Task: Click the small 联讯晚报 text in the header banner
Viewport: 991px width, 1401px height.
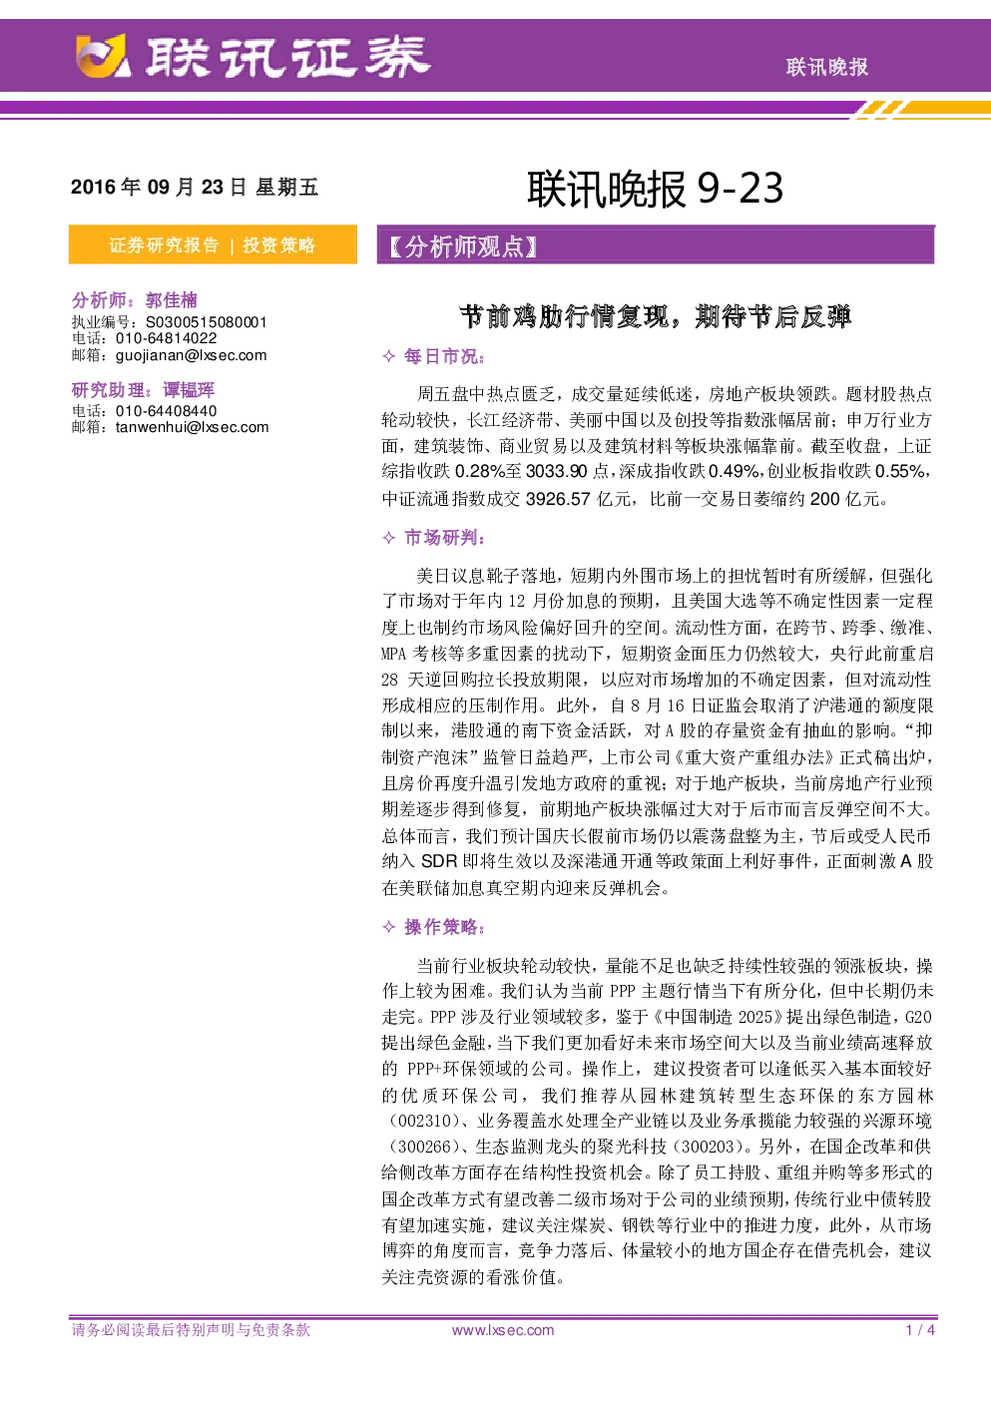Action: (x=826, y=68)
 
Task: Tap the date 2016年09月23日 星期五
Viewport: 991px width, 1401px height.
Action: (x=195, y=187)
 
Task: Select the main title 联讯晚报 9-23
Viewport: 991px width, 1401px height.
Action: (x=655, y=189)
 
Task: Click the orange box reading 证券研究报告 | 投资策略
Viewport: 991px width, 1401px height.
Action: (x=213, y=244)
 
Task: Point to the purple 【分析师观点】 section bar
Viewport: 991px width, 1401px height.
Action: (x=656, y=245)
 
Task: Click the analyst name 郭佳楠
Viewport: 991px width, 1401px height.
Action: (x=172, y=300)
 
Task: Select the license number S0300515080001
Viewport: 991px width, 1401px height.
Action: (x=207, y=322)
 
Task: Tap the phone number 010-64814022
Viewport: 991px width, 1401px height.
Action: (x=167, y=338)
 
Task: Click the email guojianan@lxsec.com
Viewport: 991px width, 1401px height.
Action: (x=192, y=355)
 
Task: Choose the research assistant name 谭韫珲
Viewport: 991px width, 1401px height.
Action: (x=189, y=390)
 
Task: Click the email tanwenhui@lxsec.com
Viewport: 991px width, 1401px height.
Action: (x=192, y=427)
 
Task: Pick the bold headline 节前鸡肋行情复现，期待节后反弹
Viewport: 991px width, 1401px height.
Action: (x=655, y=317)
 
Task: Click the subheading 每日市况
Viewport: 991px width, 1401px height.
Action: (x=442, y=356)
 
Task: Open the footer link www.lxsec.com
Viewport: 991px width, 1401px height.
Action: (x=503, y=1330)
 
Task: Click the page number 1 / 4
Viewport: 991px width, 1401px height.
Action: (x=920, y=1330)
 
